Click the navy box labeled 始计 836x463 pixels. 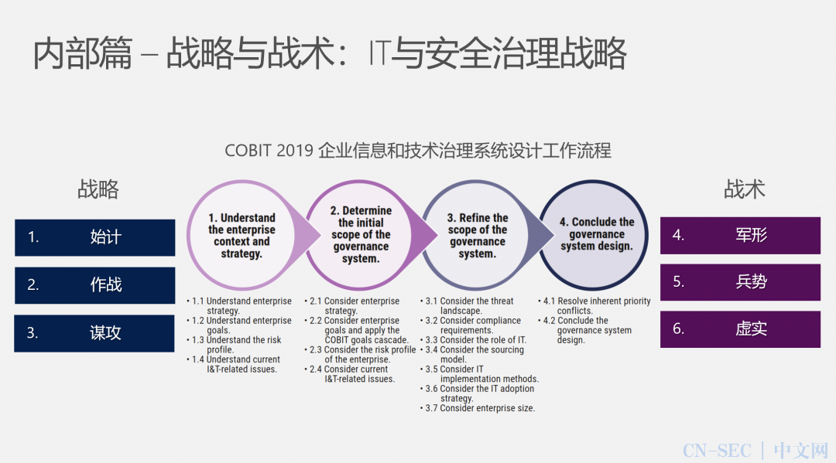(x=94, y=237)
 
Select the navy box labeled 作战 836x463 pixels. (x=94, y=284)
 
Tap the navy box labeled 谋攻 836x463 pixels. (x=94, y=333)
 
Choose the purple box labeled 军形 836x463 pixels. (x=740, y=235)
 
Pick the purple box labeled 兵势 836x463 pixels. (x=740, y=282)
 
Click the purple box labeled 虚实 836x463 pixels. (x=740, y=329)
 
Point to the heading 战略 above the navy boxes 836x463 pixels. (x=98, y=189)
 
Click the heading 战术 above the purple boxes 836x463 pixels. (x=745, y=189)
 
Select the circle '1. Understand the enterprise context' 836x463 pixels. (x=242, y=235)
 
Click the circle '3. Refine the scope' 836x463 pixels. (x=478, y=235)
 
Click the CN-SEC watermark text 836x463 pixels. (x=717, y=450)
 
